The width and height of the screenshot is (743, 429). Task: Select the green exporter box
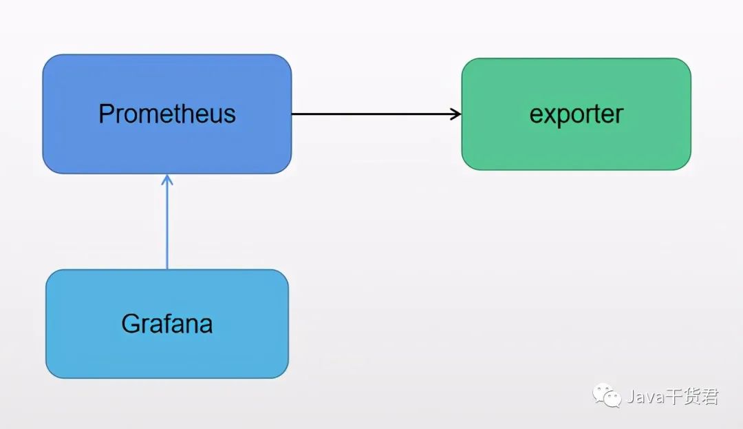click(576, 145)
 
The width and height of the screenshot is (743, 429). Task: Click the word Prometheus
click(167, 114)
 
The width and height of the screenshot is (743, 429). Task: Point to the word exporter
click(576, 114)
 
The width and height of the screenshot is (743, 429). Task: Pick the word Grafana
click(167, 323)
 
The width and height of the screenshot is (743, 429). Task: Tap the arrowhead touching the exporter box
click(456, 114)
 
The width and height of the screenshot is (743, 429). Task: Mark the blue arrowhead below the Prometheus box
click(166, 180)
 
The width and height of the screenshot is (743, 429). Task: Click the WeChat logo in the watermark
click(608, 396)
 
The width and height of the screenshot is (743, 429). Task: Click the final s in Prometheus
click(230, 115)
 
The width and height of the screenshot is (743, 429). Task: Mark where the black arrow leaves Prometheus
click(293, 114)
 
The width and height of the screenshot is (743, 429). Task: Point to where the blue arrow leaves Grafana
click(166, 268)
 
